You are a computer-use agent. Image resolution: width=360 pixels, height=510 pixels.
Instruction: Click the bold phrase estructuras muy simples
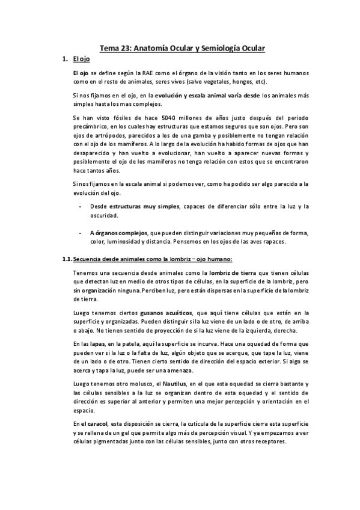(x=145, y=207)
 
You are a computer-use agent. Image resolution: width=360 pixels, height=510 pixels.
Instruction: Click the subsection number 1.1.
(x=66, y=259)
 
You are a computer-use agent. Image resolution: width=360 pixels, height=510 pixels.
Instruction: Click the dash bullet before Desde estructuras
(x=81, y=207)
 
